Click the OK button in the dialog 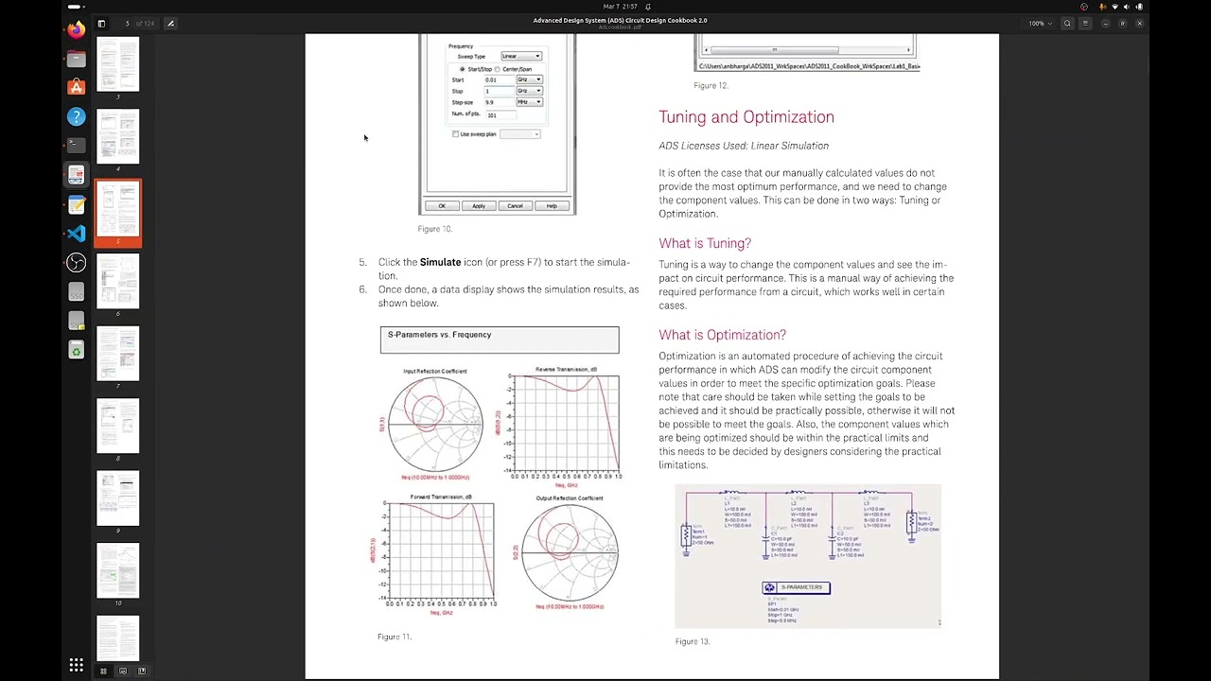(x=442, y=206)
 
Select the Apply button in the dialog (x=479, y=206)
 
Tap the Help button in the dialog (x=552, y=206)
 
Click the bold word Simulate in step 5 (x=440, y=262)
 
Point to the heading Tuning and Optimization (x=746, y=117)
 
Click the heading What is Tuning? (x=705, y=243)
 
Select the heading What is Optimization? (x=722, y=335)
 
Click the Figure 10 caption (x=435, y=229)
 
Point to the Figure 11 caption (x=395, y=637)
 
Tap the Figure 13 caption (x=693, y=641)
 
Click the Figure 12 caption (x=711, y=86)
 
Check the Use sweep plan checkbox (x=456, y=134)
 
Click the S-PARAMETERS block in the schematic (x=796, y=587)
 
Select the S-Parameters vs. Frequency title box (x=500, y=340)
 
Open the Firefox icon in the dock (x=77, y=30)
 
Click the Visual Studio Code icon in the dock (x=77, y=234)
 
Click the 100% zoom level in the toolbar (x=1036, y=23)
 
